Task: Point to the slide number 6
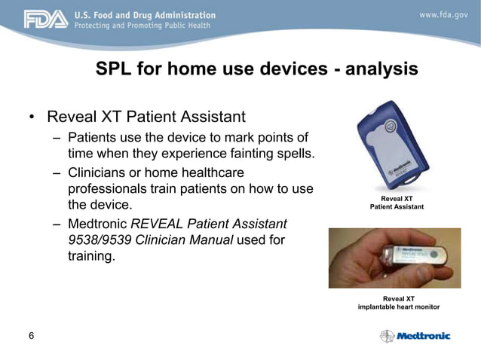pos(30,336)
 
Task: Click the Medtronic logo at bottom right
pos(415,336)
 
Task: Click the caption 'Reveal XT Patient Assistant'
pos(397,202)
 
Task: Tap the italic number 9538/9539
pos(96,239)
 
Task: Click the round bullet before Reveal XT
pos(32,117)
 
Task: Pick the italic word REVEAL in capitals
pos(162,224)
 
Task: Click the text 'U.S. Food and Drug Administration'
pos(144,14)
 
